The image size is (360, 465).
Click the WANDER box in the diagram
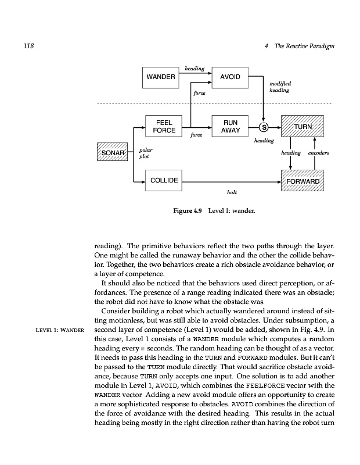pos(161,77)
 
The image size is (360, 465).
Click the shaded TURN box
pos(303,126)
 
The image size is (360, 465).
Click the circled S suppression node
pos(264,127)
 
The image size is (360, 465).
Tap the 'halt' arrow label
pos(231,191)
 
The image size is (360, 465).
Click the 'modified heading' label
pos(279,87)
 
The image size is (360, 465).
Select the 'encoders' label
pos(319,153)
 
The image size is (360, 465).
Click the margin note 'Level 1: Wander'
pos(60,331)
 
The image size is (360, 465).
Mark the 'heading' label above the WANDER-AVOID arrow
pos(194,69)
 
